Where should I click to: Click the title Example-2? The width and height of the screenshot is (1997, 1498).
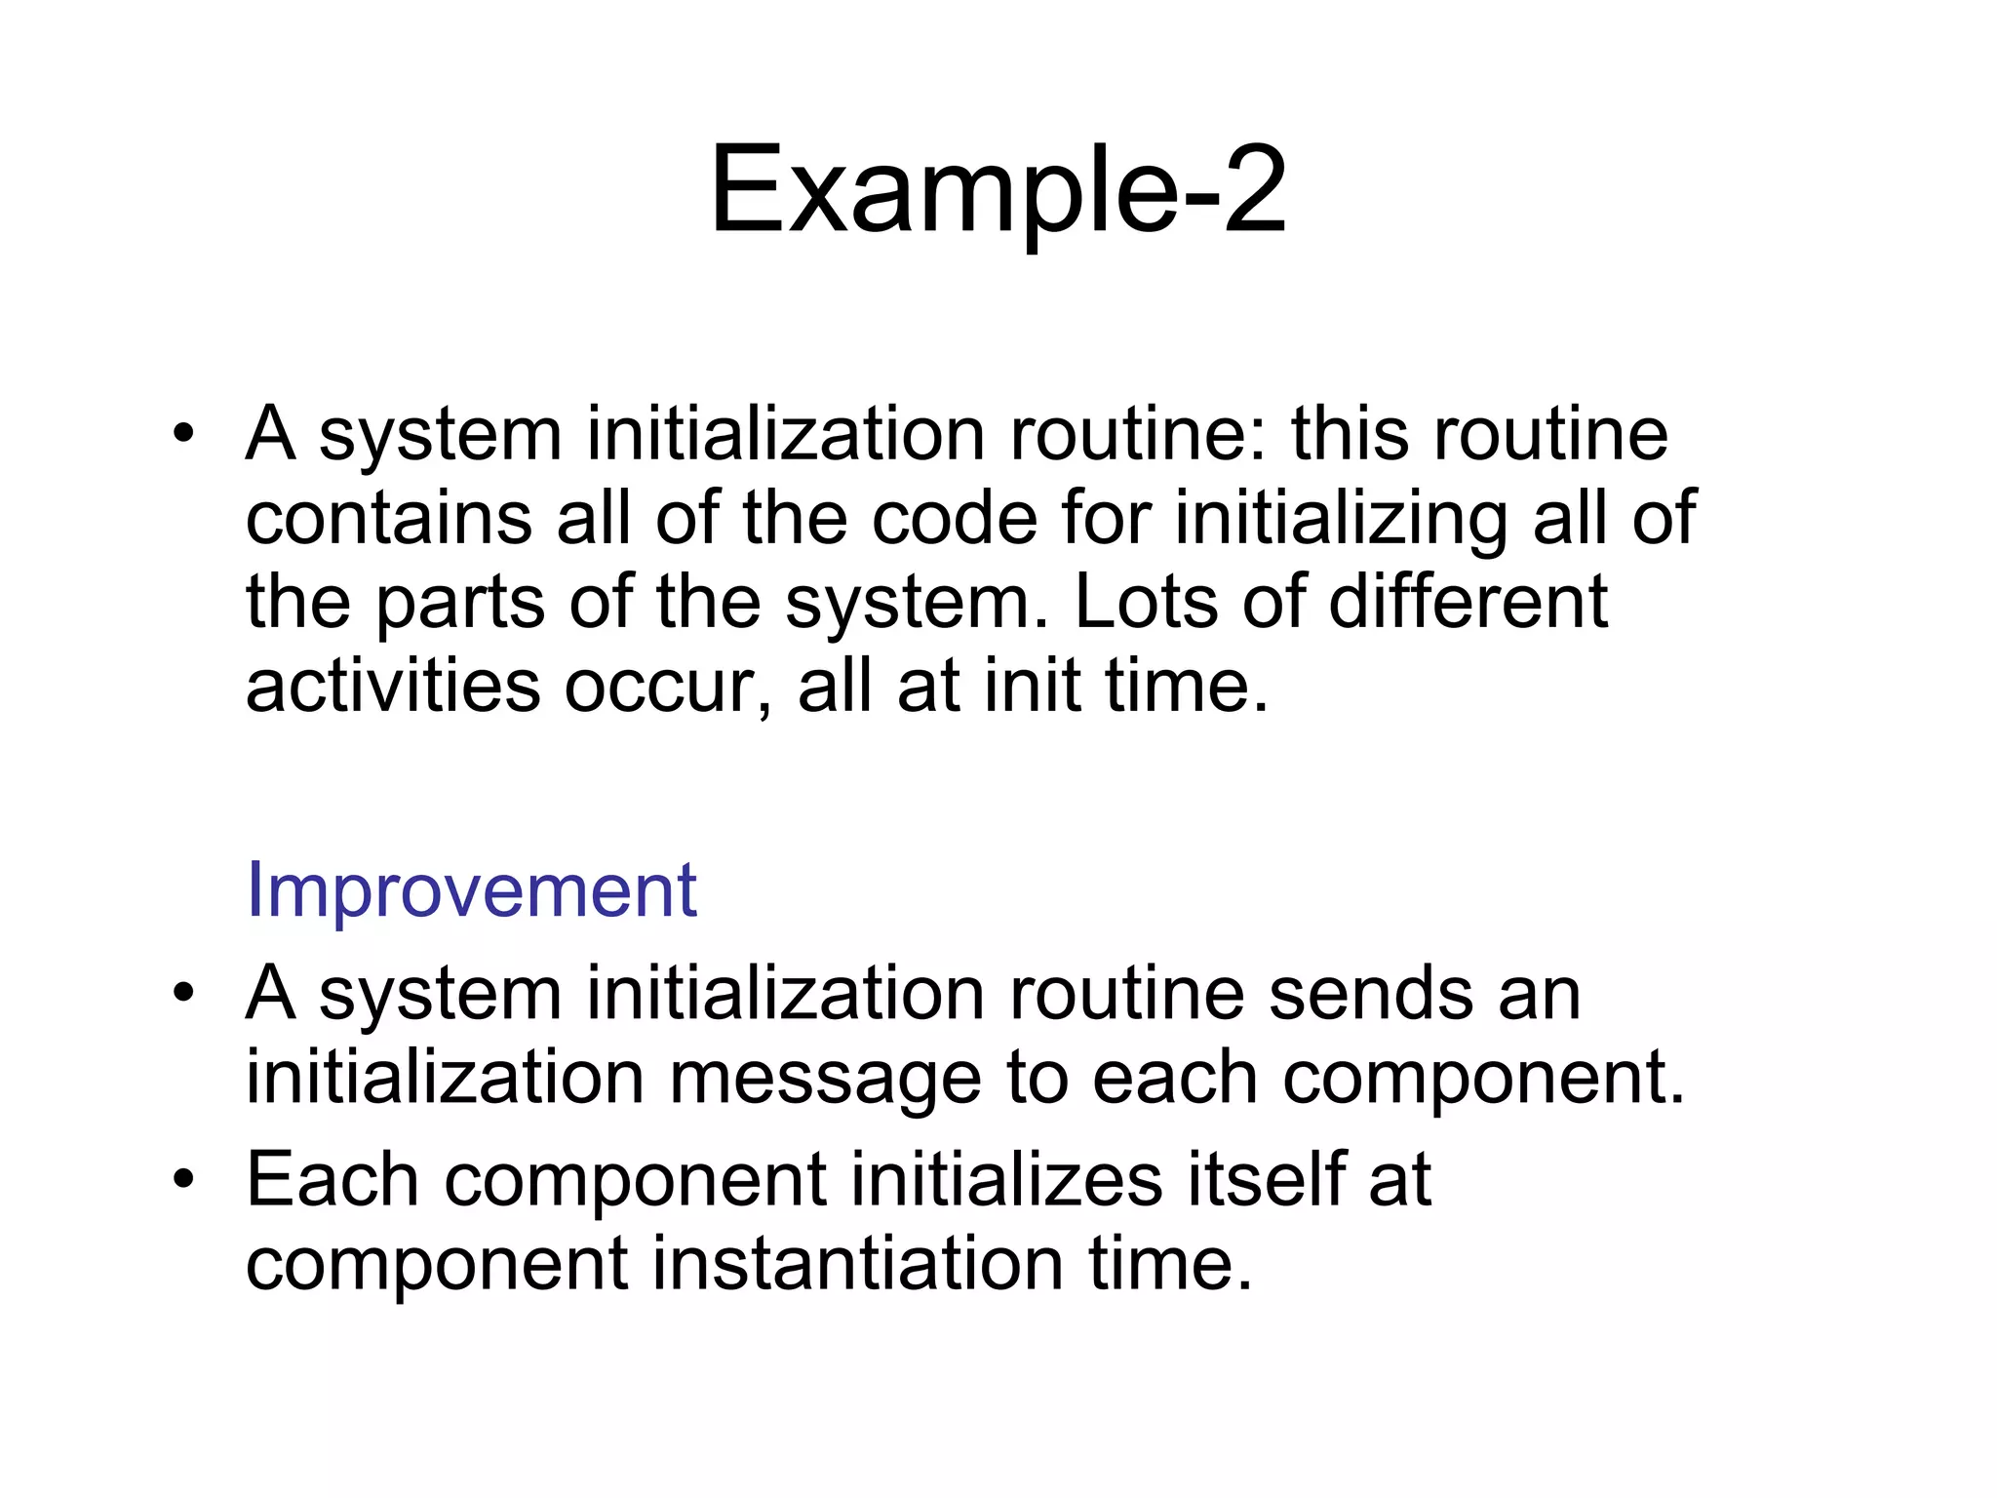pyautogui.click(x=998, y=190)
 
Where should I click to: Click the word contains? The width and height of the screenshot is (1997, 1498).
pyautogui.click(x=388, y=518)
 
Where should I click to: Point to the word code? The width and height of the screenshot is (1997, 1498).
pyautogui.click(x=954, y=518)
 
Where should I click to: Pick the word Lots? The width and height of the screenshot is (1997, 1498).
pyautogui.click(x=1146, y=602)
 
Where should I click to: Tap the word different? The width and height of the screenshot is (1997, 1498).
pyautogui.click(x=1468, y=602)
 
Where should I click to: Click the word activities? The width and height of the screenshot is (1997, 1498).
pyautogui.click(x=392, y=686)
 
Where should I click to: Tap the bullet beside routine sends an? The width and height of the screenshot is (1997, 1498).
pyautogui.click(x=183, y=996)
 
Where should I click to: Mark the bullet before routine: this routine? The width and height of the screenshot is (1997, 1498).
pyautogui.click(x=183, y=435)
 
